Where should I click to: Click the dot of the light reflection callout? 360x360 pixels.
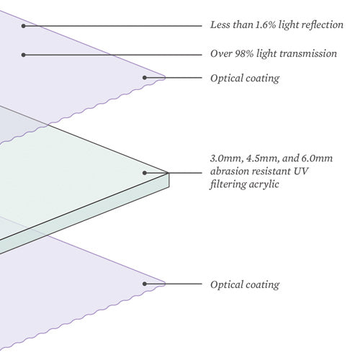click(23, 26)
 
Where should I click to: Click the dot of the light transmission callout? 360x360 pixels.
click(23, 55)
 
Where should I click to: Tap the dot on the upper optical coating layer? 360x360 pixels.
click(145, 78)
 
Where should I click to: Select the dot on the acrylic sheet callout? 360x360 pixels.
click(145, 173)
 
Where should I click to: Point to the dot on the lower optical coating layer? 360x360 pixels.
click(145, 284)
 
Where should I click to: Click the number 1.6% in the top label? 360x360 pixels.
click(265, 24)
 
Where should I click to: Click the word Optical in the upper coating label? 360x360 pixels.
click(225, 78)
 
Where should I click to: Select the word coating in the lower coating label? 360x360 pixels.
click(262, 285)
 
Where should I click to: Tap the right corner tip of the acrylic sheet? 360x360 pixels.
click(168, 173)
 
